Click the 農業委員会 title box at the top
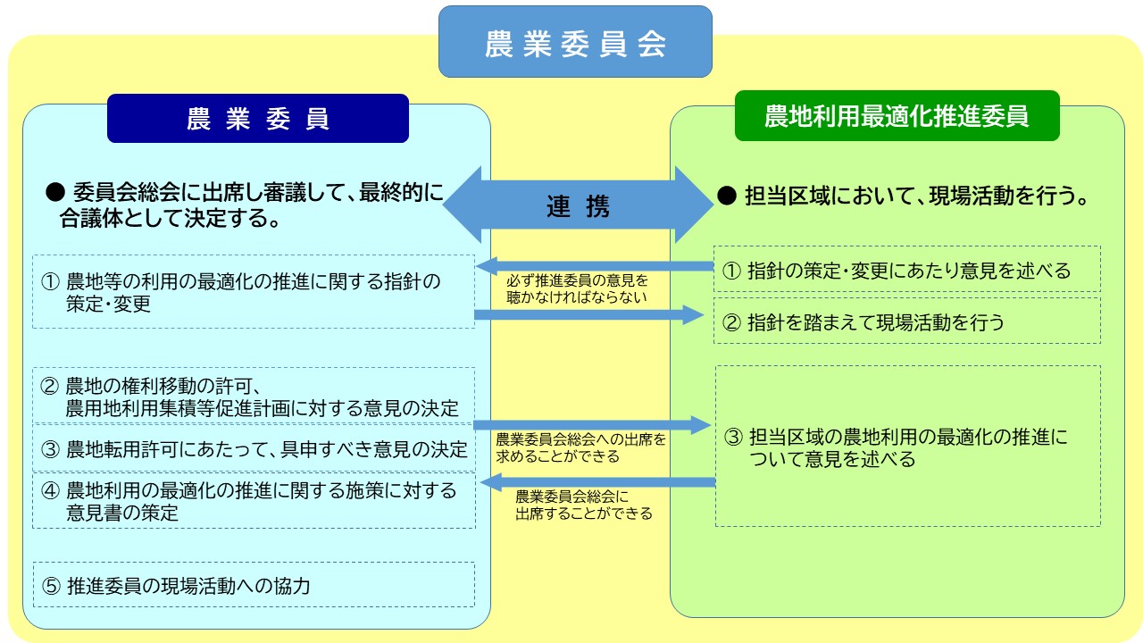point(575,42)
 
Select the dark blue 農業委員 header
point(257,119)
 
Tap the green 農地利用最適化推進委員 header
point(897,116)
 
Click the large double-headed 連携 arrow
point(578,205)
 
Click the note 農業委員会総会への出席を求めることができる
point(580,447)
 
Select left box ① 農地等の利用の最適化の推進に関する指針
point(254,292)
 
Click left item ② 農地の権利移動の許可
point(254,397)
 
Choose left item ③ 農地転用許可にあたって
point(254,448)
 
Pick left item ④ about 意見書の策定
point(254,501)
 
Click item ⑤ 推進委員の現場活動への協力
point(254,586)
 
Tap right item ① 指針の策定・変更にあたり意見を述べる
point(907,270)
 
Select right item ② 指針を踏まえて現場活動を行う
point(907,321)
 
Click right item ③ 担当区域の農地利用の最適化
point(907,447)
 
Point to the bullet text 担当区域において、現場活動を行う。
point(905,197)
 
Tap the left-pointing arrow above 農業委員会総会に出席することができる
point(598,483)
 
